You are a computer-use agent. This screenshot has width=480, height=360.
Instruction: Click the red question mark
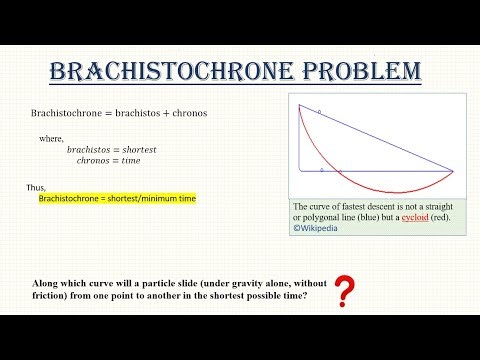tap(345, 292)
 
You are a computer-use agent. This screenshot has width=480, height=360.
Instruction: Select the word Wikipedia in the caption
tap(319, 228)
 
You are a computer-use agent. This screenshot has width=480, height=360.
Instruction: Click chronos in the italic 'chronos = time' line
tap(97, 160)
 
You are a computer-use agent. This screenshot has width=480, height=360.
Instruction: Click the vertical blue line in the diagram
tap(299, 135)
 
